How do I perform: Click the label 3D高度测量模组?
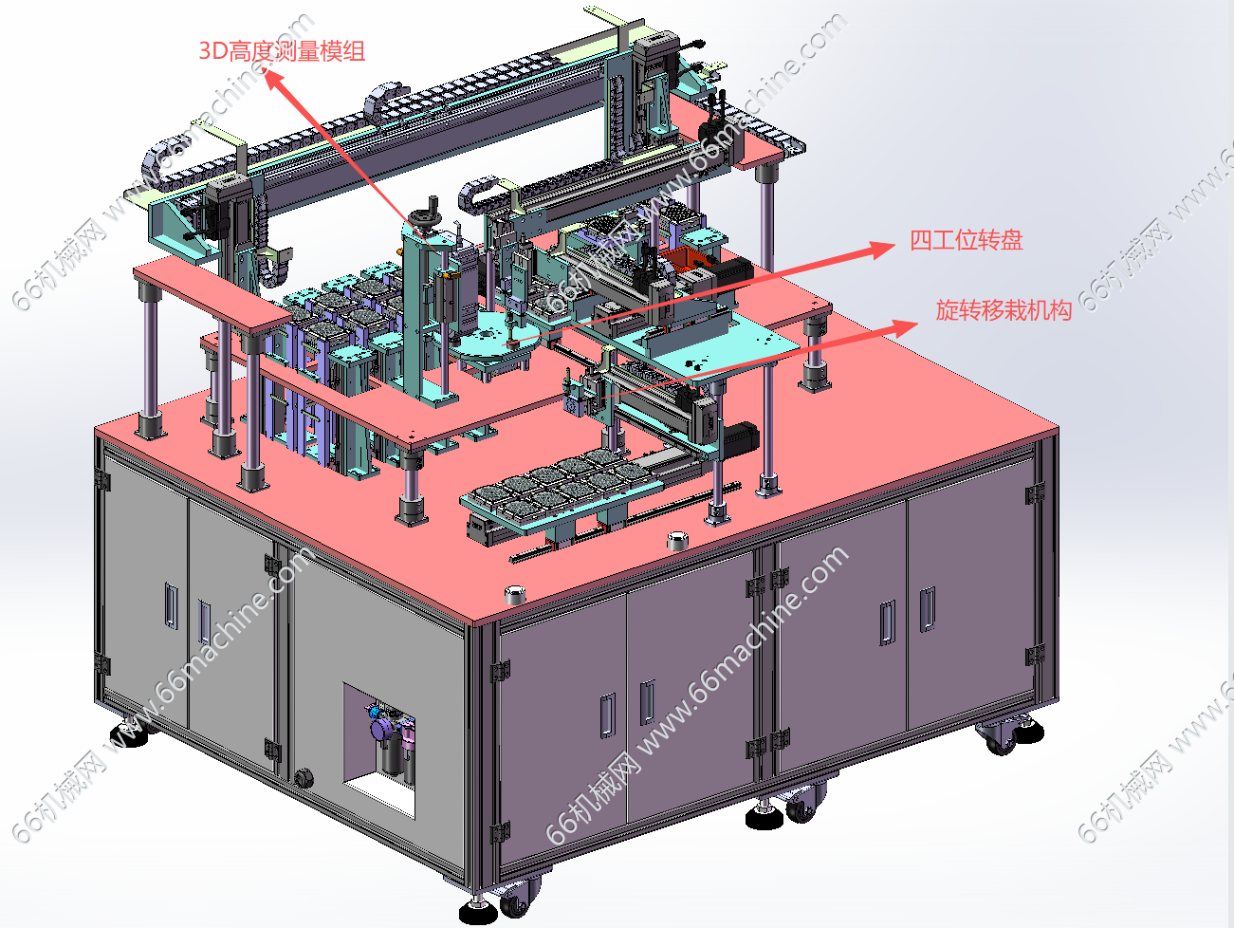point(283,51)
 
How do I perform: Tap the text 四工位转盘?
point(966,240)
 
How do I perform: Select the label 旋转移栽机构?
point(1004,310)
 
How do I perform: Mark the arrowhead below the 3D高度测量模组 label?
point(274,80)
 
